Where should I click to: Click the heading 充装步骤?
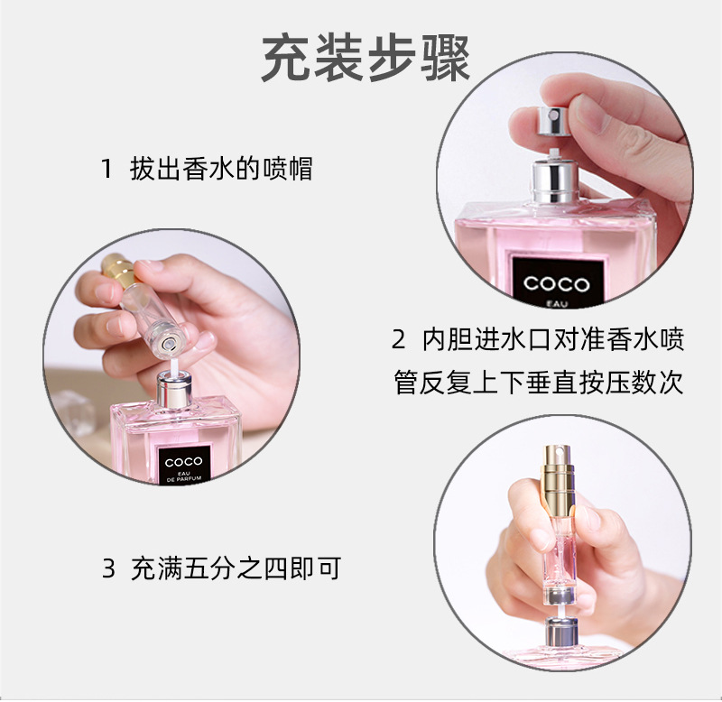pyautogui.click(x=366, y=60)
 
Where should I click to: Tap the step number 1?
pyautogui.click(x=106, y=169)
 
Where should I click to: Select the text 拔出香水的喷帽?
pyautogui.click(x=221, y=169)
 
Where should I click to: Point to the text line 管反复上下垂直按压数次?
pyautogui.click(x=539, y=382)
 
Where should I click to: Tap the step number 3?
pyautogui.click(x=108, y=569)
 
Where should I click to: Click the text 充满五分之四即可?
pyautogui.click(x=236, y=569)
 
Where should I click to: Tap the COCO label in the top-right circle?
pyautogui.click(x=556, y=283)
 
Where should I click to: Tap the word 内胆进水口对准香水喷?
pyautogui.click(x=553, y=340)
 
